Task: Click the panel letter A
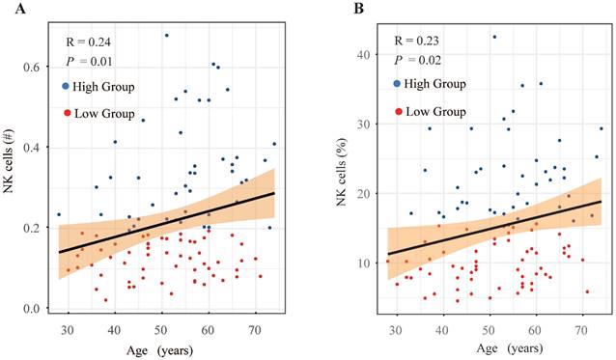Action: (20, 9)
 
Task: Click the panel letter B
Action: (358, 9)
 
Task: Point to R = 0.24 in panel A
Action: (89, 42)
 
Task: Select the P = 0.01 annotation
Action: (89, 61)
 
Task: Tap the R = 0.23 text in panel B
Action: (417, 41)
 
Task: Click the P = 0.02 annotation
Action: (418, 60)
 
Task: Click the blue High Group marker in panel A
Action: (66, 86)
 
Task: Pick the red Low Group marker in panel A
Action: (68, 113)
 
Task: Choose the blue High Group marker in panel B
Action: (397, 83)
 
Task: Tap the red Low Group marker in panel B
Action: (399, 112)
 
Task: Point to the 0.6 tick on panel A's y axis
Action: (33, 67)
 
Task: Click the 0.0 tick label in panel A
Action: (33, 308)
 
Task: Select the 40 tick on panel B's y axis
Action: (364, 54)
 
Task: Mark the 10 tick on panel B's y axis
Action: (364, 263)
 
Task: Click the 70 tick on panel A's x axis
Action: (255, 330)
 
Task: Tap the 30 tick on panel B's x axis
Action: (397, 330)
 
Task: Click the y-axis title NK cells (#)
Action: (9, 165)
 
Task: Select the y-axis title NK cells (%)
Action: (341, 173)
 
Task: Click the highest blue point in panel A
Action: (167, 36)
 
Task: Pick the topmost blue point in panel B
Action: (494, 37)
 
